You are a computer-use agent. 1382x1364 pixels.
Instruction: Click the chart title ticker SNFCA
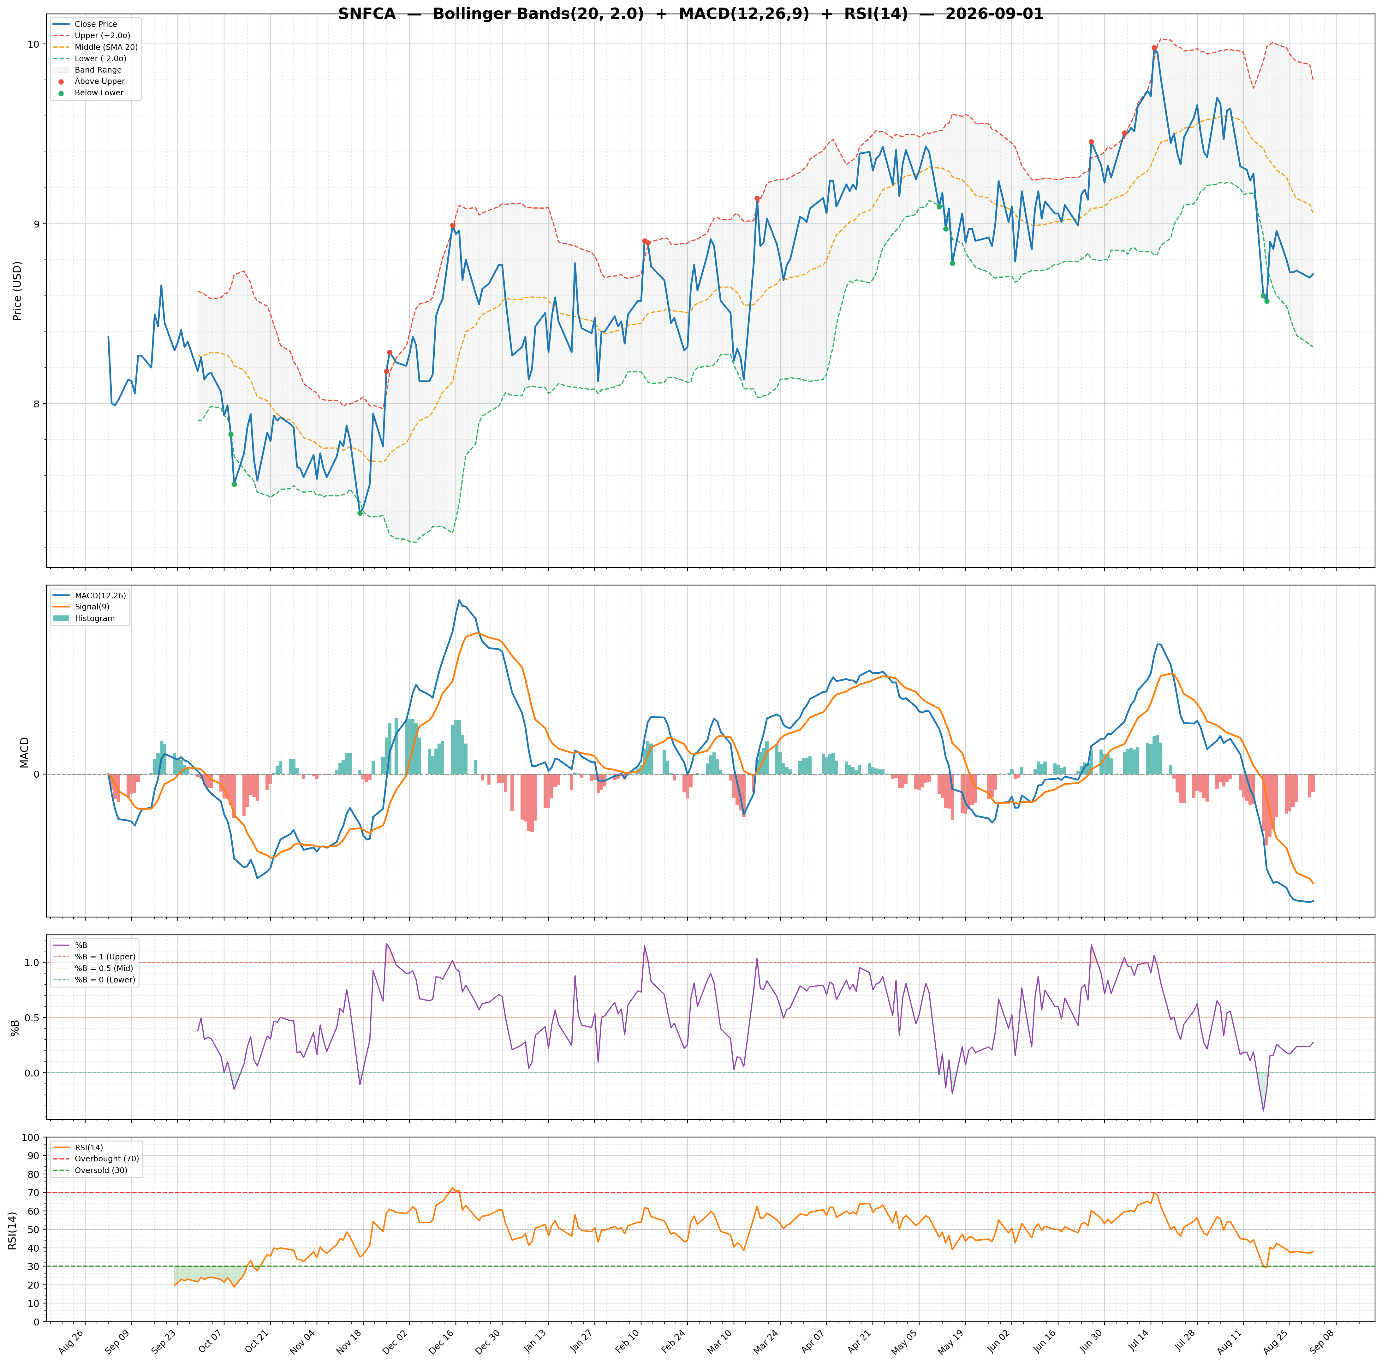tap(367, 14)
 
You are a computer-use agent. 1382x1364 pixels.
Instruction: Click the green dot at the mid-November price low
tap(360, 513)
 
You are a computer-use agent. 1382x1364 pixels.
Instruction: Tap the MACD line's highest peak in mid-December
tap(459, 600)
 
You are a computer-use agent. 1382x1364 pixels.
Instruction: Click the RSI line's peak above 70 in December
tap(452, 1188)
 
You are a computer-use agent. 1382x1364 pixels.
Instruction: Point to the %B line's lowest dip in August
tap(1263, 1111)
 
